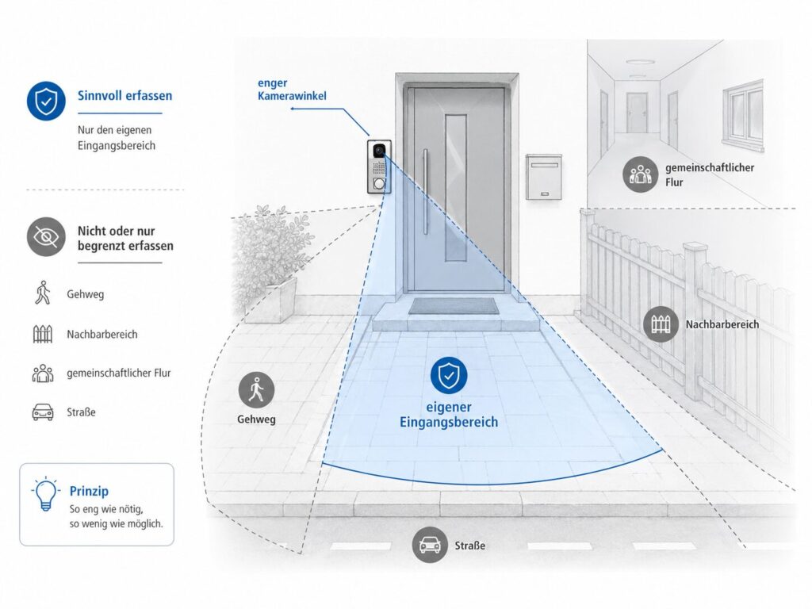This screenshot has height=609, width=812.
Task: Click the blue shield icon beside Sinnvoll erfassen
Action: (46, 101)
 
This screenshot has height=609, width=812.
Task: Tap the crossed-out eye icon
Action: (46, 236)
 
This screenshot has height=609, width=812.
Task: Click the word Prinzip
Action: (89, 491)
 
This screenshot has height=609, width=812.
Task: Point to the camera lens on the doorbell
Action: (379, 151)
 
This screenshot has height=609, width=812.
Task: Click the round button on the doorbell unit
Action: (379, 183)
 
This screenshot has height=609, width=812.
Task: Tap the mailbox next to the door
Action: (544, 177)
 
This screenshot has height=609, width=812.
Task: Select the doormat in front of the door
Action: (454, 305)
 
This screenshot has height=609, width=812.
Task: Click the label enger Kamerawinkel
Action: (292, 89)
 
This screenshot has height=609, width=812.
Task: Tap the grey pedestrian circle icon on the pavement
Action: (256, 389)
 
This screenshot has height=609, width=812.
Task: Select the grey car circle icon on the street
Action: (430, 544)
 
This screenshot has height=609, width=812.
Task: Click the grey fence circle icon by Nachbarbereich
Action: (661, 324)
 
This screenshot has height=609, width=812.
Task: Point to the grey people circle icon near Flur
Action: (641, 174)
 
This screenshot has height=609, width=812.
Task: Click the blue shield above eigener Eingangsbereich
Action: (449, 375)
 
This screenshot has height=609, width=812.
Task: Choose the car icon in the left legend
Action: (43, 412)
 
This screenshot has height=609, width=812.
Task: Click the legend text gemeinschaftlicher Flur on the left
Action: (119, 373)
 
